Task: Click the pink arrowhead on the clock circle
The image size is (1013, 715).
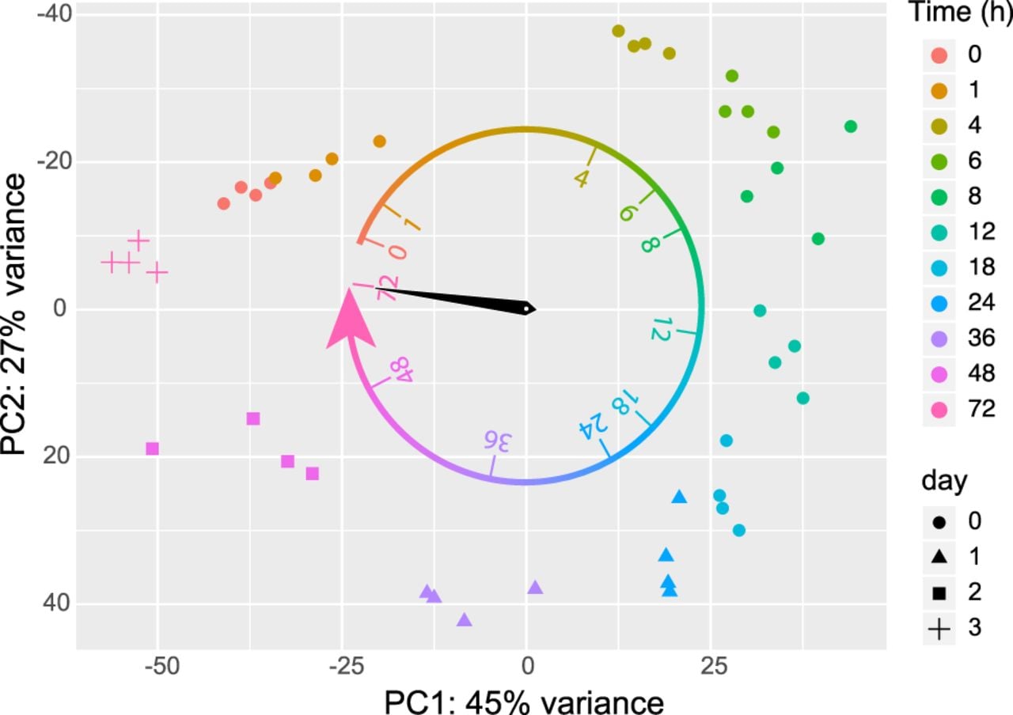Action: click(350, 321)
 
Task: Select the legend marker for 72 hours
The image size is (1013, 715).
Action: click(939, 410)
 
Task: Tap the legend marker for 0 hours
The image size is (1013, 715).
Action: click(939, 55)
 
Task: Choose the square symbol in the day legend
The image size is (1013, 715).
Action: click(939, 593)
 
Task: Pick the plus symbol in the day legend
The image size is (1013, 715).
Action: click(939, 629)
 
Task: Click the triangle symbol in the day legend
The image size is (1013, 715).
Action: click(939, 557)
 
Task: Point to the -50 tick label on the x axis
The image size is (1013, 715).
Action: click(162, 667)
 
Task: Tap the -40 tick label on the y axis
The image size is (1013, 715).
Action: click(55, 14)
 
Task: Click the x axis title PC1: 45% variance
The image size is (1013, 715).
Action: click(524, 702)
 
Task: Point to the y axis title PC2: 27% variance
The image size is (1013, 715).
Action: click(13, 314)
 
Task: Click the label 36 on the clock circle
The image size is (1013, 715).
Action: click(496, 441)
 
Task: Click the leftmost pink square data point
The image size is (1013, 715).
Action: click(153, 448)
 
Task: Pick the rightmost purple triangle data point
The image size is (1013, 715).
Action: click(536, 588)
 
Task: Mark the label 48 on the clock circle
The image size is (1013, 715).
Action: click(401, 369)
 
